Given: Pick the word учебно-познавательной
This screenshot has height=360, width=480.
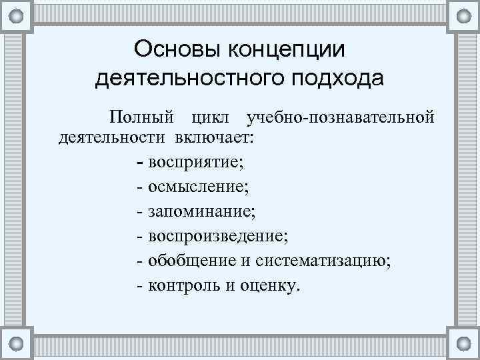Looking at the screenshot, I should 341,118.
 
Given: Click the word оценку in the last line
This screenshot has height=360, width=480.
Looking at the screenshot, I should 267,285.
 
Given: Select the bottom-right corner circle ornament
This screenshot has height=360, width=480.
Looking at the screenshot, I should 463,343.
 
